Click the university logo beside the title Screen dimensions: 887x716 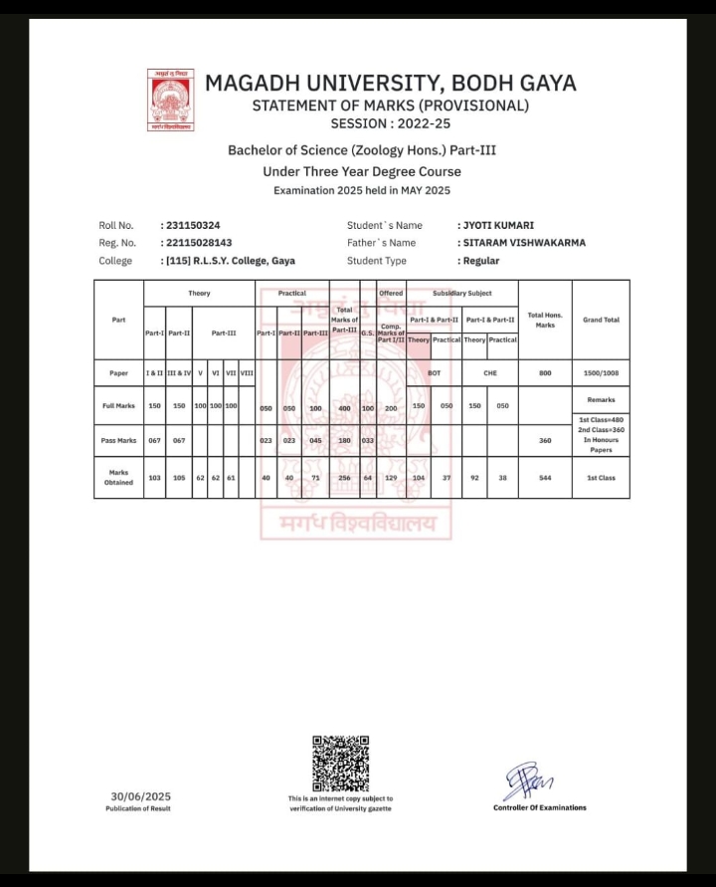pos(171,102)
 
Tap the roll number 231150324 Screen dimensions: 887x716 pos(193,226)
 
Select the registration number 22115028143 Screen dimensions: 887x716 pos(198,243)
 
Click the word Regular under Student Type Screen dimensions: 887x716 pos(481,261)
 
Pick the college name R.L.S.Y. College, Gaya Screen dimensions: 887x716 pos(230,261)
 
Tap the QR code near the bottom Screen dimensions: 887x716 pos(341,764)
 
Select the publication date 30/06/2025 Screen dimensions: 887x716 pos(141,796)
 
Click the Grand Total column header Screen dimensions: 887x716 pos(601,320)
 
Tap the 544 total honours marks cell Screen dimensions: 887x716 pos(545,478)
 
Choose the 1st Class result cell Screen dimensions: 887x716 pos(601,478)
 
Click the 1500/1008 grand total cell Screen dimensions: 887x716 pos(601,373)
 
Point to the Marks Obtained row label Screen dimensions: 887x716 pos(118,478)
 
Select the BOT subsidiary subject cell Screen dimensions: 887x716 pos(434,373)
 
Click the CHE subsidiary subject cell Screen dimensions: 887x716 pos(489,373)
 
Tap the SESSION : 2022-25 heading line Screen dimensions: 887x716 pos(390,124)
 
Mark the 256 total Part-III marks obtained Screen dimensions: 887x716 pos(344,478)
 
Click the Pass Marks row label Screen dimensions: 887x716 pos(118,439)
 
